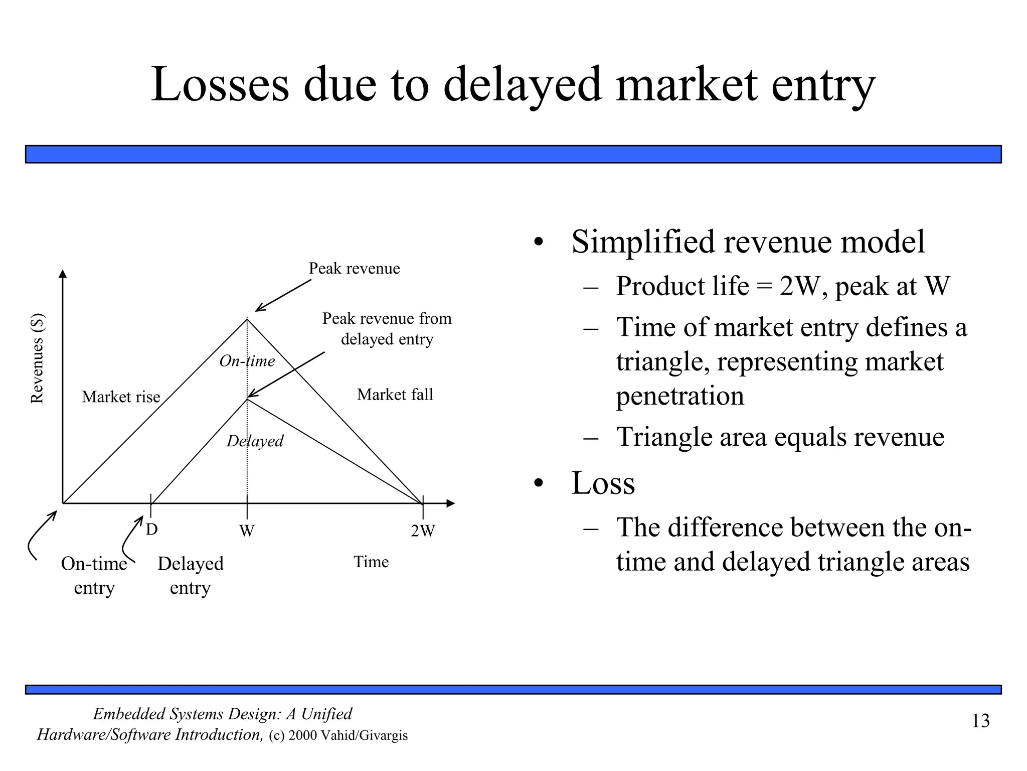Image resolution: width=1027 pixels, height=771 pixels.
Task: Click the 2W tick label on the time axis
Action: (423, 531)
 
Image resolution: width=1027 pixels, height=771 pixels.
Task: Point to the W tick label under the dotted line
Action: (246, 531)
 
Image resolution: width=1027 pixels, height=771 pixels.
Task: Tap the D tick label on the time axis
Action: (151, 530)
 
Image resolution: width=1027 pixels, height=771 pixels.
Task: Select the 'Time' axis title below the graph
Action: (371, 562)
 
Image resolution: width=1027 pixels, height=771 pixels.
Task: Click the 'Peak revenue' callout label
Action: (354, 269)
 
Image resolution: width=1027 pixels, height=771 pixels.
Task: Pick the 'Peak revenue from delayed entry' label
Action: (387, 329)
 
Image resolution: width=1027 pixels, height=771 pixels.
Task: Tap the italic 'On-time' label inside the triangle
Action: (247, 361)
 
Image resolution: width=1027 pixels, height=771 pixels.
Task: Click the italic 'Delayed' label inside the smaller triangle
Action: (255, 441)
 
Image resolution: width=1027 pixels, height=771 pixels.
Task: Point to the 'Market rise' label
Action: (121, 397)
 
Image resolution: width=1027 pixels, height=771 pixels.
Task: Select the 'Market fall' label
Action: (395, 395)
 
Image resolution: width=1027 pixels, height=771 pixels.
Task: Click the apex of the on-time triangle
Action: (247, 319)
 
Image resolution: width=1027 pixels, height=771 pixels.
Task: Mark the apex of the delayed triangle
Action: (247, 399)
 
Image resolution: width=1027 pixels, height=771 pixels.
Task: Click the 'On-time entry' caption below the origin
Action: (94, 575)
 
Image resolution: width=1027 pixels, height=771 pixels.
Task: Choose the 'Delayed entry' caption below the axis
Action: (190, 575)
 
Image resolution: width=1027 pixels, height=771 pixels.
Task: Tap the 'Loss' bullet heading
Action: (603, 483)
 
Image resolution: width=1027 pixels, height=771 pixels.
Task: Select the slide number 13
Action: (980, 721)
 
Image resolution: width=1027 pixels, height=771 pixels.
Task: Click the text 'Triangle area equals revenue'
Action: (780, 437)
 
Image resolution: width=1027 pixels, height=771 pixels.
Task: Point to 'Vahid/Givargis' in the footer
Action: (364, 736)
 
